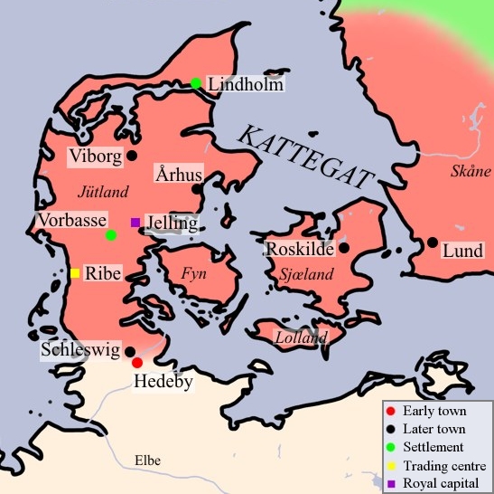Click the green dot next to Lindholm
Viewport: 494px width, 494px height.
pyautogui.click(x=195, y=83)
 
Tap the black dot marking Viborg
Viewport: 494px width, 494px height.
pyautogui.click(x=132, y=156)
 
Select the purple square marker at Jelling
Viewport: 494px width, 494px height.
pyautogui.click(x=135, y=222)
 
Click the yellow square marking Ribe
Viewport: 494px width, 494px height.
pyautogui.click(x=75, y=273)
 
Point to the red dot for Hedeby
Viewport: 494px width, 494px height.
pyautogui.click(x=137, y=363)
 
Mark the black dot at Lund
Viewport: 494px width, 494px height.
pyautogui.click(x=433, y=242)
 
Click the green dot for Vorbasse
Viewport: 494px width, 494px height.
pyautogui.click(x=111, y=235)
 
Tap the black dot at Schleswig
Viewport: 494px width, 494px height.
pyautogui.click(x=130, y=351)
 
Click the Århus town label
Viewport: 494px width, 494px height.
pyautogui.click(x=178, y=174)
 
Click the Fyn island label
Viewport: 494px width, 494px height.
pyautogui.click(x=195, y=271)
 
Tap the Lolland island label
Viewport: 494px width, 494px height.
pyautogui.click(x=301, y=338)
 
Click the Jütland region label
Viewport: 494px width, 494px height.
pyautogui.click(x=103, y=192)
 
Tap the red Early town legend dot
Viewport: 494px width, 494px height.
pyautogui.click(x=391, y=411)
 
